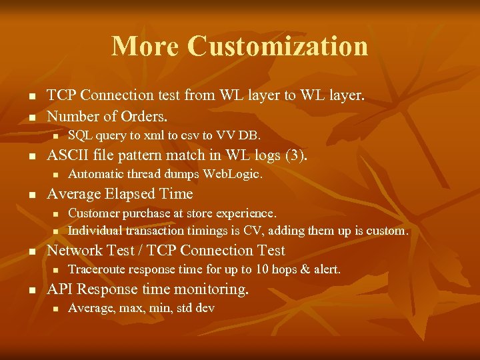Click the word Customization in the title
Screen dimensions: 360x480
click(x=277, y=46)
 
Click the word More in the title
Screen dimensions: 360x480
click(x=145, y=46)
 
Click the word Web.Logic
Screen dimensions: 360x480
click(x=233, y=175)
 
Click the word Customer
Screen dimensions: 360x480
click(x=93, y=213)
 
